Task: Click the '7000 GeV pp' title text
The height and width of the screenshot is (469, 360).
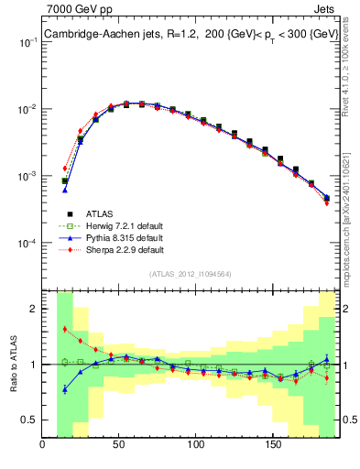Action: [x=76, y=8]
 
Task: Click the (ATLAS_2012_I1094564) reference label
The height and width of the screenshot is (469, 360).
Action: [x=190, y=273]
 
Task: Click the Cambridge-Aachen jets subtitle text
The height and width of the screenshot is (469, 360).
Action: [x=190, y=34]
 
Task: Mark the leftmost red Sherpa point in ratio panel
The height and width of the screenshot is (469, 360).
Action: [x=64, y=329]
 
